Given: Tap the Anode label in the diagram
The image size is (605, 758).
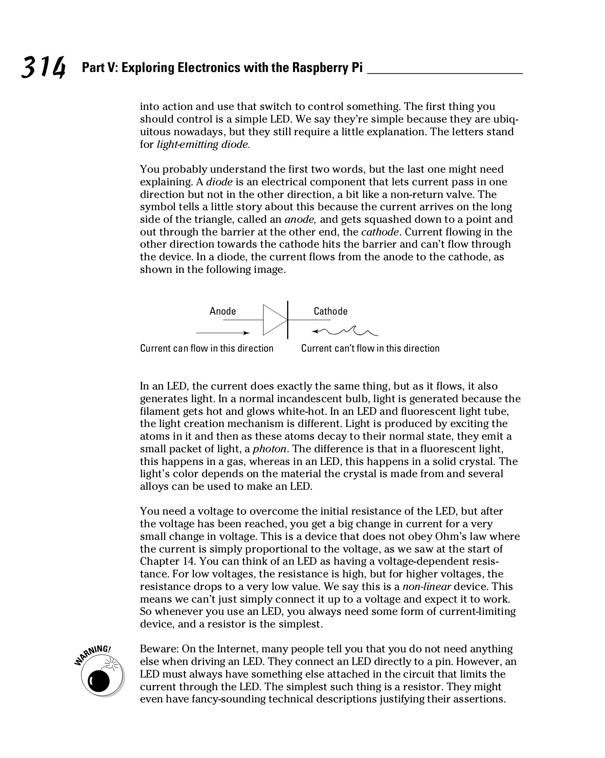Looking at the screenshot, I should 223,311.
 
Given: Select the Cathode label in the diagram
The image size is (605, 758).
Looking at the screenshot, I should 331,311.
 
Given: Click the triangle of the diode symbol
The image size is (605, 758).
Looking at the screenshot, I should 274,320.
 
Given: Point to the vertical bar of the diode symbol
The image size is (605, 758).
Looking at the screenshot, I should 288,320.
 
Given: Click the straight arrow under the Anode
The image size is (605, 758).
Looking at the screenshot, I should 223,333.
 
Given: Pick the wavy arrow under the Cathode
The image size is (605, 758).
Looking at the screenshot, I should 345,332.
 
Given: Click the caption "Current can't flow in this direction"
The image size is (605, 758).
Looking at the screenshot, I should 370,348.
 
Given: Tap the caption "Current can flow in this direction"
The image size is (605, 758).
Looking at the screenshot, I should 207,348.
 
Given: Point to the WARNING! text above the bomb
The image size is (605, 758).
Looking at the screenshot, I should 92,654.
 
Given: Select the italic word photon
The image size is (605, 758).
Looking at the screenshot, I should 270,449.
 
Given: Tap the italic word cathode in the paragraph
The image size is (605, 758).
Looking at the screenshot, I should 379,232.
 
